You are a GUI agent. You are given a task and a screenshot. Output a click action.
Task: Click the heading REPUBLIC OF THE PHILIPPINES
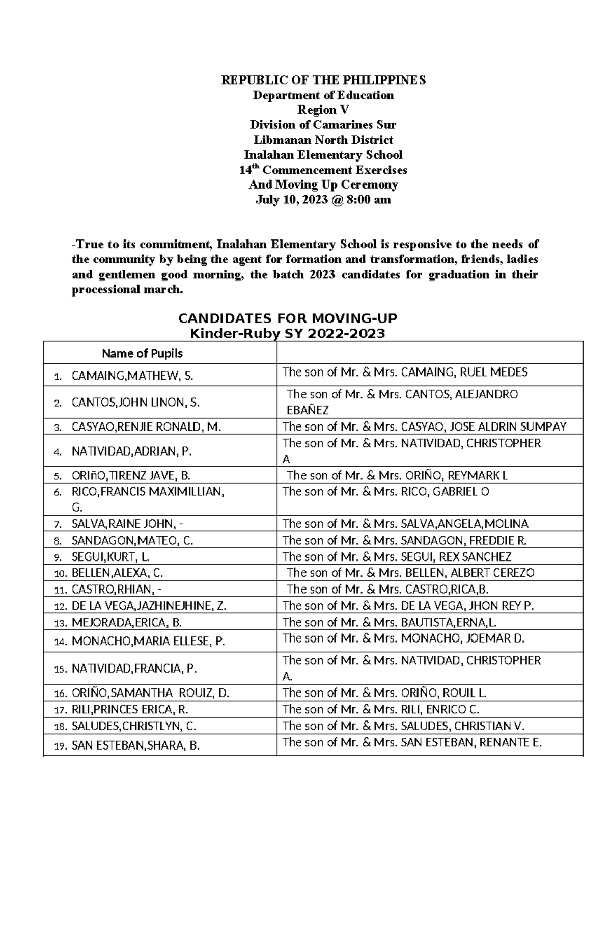pyautogui.click(x=323, y=81)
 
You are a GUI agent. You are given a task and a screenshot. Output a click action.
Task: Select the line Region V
pyautogui.click(x=323, y=110)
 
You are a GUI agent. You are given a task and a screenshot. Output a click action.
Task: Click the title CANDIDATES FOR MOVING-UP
pyautogui.click(x=287, y=318)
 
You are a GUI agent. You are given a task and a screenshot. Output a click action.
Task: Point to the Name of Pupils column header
pyautogui.click(x=142, y=353)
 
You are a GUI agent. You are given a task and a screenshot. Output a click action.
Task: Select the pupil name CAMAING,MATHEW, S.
pyautogui.click(x=132, y=377)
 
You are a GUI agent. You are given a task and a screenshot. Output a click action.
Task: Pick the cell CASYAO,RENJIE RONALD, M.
pyautogui.click(x=147, y=427)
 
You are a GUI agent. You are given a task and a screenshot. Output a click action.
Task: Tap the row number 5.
pyautogui.click(x=58, y=477)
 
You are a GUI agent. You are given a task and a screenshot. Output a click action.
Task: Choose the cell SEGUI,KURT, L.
pyautogui.click(x=110, y=557)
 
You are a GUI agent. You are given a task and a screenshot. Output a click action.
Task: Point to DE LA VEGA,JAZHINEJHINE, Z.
pyautogui.click(x=149, y=606)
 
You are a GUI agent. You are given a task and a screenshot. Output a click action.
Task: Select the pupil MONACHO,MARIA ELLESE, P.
pyautogui.click(x=148, y=642)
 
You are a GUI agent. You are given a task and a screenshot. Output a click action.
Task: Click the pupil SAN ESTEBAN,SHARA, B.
pyautogui.click(x=135, y=746)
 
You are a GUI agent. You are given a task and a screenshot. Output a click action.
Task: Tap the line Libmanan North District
pyautogui.click(x=323, y=140)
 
